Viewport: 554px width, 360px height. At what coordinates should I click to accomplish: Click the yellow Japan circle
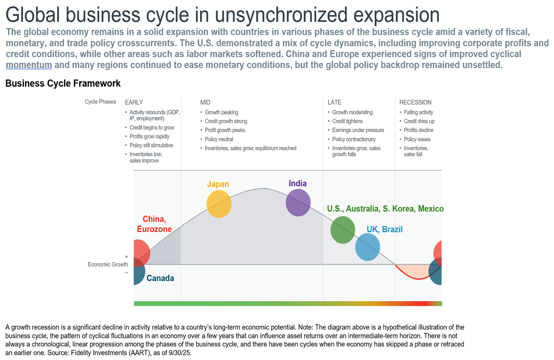pyautogui.click(x=219, y=204)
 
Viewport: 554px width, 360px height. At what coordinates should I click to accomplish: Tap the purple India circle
pyautogui.click(x=298, y=203)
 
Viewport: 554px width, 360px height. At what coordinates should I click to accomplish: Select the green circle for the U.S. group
pyautogui.click(x=342, y=230)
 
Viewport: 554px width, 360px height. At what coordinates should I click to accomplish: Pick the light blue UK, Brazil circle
pyautogui.click(x=367, y=247)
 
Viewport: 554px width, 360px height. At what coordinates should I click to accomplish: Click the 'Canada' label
pyautogui.click(x=160, y=278)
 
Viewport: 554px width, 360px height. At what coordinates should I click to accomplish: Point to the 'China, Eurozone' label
pyautogui.click(x=154, y=224)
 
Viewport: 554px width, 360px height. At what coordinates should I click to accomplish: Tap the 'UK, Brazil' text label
pyautogui.click(x=384, y=229)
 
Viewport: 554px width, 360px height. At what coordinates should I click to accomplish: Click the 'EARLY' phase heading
pyautogui.click(x=134, y=102)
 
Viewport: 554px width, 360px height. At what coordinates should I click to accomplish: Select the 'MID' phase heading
pyautogui.click(x=205, y=102)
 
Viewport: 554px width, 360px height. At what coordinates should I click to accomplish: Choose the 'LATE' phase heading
pyautogui.click(x=334, y=102)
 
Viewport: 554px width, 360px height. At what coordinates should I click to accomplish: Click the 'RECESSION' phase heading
pyautogui.click(x=415, y=102)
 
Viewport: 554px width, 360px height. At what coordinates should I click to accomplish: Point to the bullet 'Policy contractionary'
pyautogui.click(x=354, y=139)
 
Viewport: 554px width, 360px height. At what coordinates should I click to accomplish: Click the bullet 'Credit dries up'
pyautogui.click(x=419, y=121)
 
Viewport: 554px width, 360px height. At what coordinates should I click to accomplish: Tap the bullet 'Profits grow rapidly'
pyautogui.click(x=149, y=136)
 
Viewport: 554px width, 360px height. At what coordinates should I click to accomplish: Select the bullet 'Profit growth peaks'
pyautogui.click(x=225, y=130)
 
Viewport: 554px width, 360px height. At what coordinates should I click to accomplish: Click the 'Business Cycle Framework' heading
pyautogui.click(x=63, y=83)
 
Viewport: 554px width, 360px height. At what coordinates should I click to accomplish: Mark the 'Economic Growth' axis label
pyautogui.click(x=108, y=265)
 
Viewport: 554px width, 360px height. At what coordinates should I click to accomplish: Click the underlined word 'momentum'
pyautogui.click(x=29, y=65)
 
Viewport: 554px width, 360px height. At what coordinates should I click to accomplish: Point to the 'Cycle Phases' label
pyautogui.click(x=100, y=102)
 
